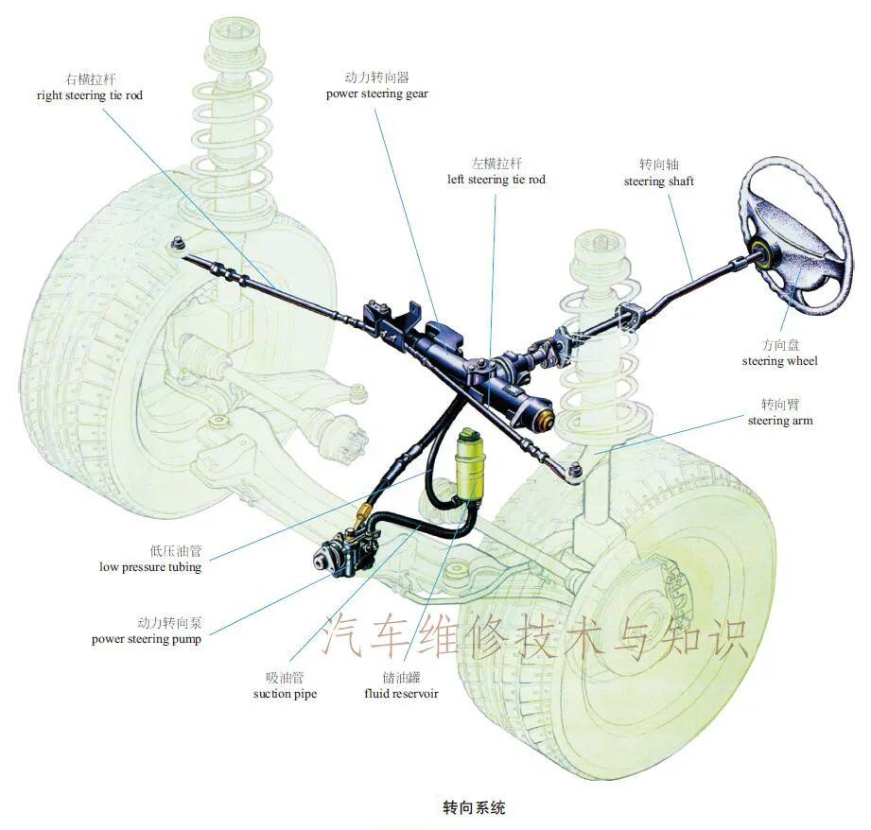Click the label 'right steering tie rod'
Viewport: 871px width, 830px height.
[x=90, y=95]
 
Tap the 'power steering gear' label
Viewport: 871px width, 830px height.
[x=377, y=95]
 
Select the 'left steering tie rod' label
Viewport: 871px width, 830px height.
[x=496, y=180]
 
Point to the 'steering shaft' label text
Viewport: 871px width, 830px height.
[x=659, y=181]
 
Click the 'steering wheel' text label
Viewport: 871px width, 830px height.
[x=780, y=361]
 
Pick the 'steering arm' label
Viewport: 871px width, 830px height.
[x=780, y=421]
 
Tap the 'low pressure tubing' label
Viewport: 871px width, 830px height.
[x=150, y=567]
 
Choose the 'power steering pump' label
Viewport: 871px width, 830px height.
[x=147, y=639]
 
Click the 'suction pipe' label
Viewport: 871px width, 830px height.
[x=285, y=694]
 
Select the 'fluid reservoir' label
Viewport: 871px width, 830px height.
[x=402, y=694]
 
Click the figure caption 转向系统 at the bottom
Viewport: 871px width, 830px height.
[x=474, y=808]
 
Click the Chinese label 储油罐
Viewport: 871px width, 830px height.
[x=402, y=678]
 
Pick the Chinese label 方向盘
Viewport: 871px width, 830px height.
[x=780, y=345]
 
